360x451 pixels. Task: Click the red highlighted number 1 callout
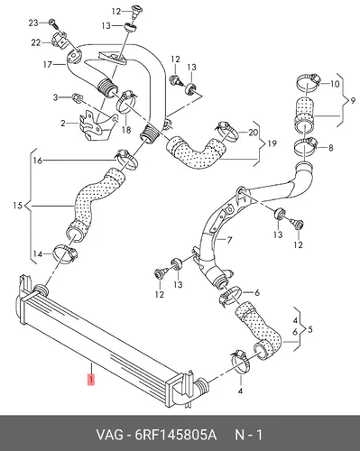coord(91,379)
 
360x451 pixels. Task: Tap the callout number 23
coord(33,23)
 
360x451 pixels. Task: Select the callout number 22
coord(36,43)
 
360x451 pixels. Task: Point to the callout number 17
coord(48,65)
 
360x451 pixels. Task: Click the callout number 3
coord(55,97)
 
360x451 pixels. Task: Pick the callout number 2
coord(62,123)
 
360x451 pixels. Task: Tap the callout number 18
coord(126,130)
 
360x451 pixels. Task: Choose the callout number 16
coord(38,161)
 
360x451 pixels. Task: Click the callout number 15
coord(18,206)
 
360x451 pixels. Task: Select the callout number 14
coord(38,254)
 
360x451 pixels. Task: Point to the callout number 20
coord(253,133)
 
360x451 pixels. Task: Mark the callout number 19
coord(272,143)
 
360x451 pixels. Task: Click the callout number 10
coord(335,84)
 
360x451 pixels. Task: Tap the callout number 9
coord(353,101)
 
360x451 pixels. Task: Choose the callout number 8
coord(330,148)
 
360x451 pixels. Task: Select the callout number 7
coord(229,240)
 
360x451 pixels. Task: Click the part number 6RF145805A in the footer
coord(176,435)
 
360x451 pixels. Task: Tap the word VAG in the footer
coord(109,435)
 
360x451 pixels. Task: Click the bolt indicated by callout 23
coord(52,22)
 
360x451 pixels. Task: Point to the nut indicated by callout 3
coord(76,97)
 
